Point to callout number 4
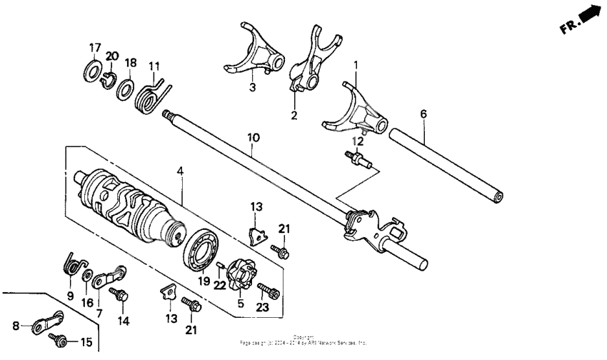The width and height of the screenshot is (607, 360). click(x=181, y=171)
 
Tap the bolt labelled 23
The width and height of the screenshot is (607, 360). click(x=268, y=291)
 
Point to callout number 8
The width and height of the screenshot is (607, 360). click(x=16, y=326)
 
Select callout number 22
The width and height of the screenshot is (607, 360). click(x=220, y=286)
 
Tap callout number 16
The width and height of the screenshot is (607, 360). click(x=88, y=302)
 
